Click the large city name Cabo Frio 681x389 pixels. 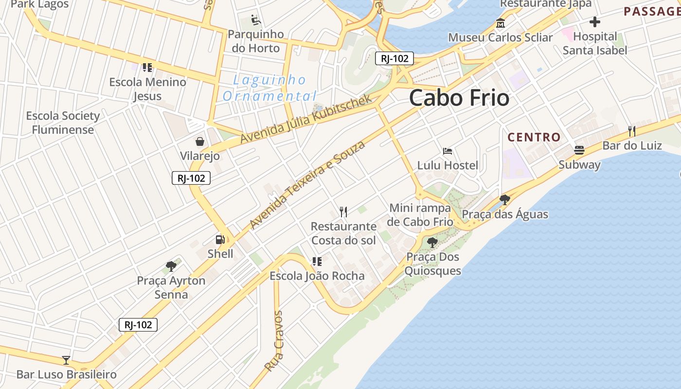[459, 98]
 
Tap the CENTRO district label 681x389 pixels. [534, 137]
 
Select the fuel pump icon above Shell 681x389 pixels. [220, 239]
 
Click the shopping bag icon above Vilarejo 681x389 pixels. [199, 141]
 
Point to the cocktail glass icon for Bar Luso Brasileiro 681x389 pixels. [66, 360]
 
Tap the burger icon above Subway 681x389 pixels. [579, 150]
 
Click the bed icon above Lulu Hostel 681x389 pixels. [448, 151]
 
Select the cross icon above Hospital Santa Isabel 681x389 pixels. [594, 22]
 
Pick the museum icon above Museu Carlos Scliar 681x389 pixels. [500, 23]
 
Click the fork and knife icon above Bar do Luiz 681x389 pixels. [632, 131]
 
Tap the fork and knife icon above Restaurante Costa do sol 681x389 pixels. [343, 212]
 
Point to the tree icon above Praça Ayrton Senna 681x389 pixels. [171, 266]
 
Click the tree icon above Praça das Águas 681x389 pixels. [504, 199]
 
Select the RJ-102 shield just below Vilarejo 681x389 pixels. [191, 178]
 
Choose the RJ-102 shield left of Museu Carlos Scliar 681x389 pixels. [394, 59]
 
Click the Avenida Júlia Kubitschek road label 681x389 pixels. [306, 118]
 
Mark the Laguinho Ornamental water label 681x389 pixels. [269, 88]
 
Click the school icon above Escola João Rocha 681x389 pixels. [317, 262]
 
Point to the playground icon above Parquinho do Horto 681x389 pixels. [256, 20]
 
